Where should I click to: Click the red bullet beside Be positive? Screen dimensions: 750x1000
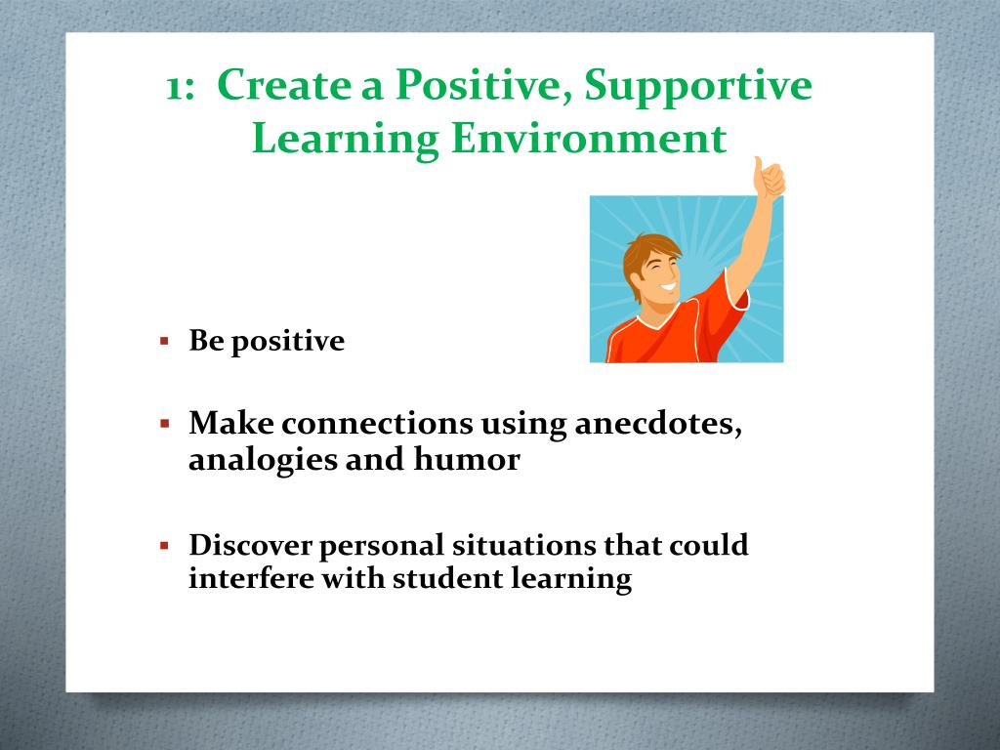tap(165, 342)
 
